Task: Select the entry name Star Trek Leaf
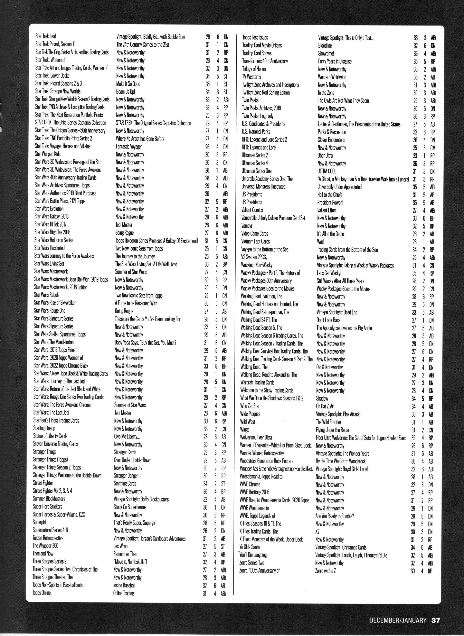coord(46,36)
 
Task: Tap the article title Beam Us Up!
coord(125,92)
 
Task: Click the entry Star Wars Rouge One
coord(50,311)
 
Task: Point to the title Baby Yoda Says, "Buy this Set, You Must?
coord(145,343)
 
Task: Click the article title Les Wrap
coord(121,546)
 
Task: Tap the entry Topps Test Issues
coord(255,38)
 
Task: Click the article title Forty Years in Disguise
coord(334,61)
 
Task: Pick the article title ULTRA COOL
coord(327,171)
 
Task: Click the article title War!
coord(321,241)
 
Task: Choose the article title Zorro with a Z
coord(325,571)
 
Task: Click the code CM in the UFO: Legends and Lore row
coord(433,148)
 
